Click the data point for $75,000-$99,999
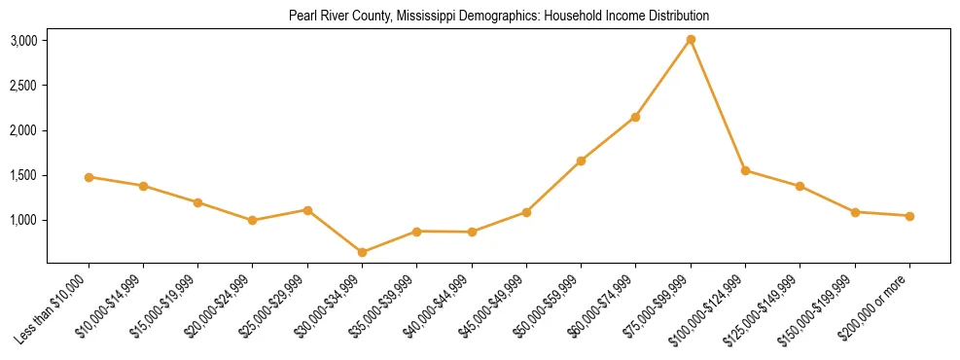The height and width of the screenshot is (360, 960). click(x=691, y=40)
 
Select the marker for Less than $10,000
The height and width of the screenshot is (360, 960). click(x=89, y=177)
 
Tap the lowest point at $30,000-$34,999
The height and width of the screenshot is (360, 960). click(x=362, y=252)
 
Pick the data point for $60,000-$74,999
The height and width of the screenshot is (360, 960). click(x=635, y=117)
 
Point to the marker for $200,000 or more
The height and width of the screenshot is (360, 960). click(x=909, y=216)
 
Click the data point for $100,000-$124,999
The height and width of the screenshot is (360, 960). click(x=745, y=170)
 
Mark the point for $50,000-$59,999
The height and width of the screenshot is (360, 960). click(x=581, y=161)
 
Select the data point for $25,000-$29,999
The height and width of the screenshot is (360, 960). click(x=307, y=210)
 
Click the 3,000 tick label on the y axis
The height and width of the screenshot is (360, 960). click(x=23, y=41)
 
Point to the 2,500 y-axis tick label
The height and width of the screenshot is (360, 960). click(x=23, y=86)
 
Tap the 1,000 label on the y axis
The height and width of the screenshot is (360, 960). click(x=23, y=220)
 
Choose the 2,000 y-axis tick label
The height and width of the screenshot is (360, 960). click(x=23, y=130)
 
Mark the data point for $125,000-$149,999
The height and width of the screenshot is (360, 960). click(x=800, y=186)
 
